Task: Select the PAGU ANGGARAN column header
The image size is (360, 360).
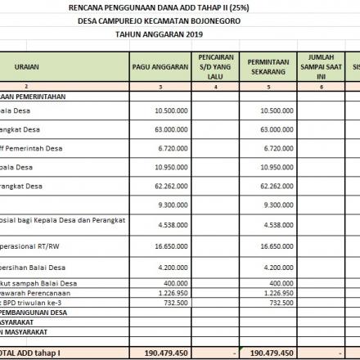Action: pyautogui.click(x=160, y=67)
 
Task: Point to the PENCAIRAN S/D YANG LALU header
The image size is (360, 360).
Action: pyautogui.click(x=215, y=67)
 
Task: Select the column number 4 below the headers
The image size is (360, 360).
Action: pyautogui.click(x=215, y=86)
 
